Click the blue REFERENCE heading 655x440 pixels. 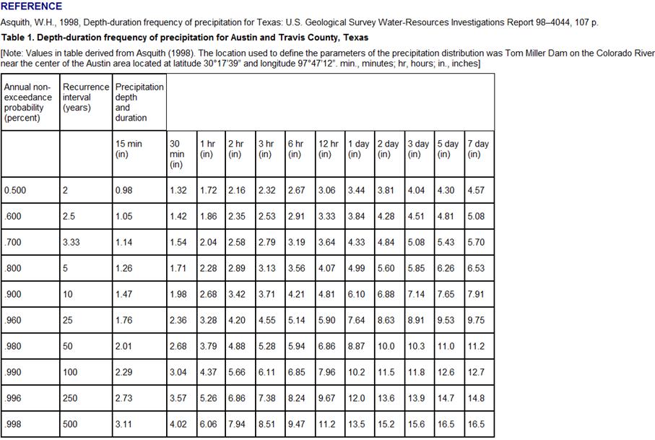(x=32, y=7)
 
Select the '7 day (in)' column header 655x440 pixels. (x=478, y=149)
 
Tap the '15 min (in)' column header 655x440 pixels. (x=129, y=149)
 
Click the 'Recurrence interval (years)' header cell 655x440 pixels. (x=85, y=98)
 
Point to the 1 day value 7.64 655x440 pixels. (x=356, y=320)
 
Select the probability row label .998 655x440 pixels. (x=12, y=425)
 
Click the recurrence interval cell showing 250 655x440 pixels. (x=70, y=399)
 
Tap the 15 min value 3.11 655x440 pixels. (x=123, y=425)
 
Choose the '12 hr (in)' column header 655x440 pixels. (x=328, y=149)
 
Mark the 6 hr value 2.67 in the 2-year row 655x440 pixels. (x=297, y=191)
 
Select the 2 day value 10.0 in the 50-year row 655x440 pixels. (x=386, y=347)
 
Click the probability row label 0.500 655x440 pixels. (x=14, y=191)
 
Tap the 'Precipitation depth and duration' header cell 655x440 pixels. (x=139, y=102)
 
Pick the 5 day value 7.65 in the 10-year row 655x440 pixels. (x=446, y=295)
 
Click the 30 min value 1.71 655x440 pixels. (x=178, y=269)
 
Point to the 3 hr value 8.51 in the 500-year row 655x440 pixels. (x=267, y=425)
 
